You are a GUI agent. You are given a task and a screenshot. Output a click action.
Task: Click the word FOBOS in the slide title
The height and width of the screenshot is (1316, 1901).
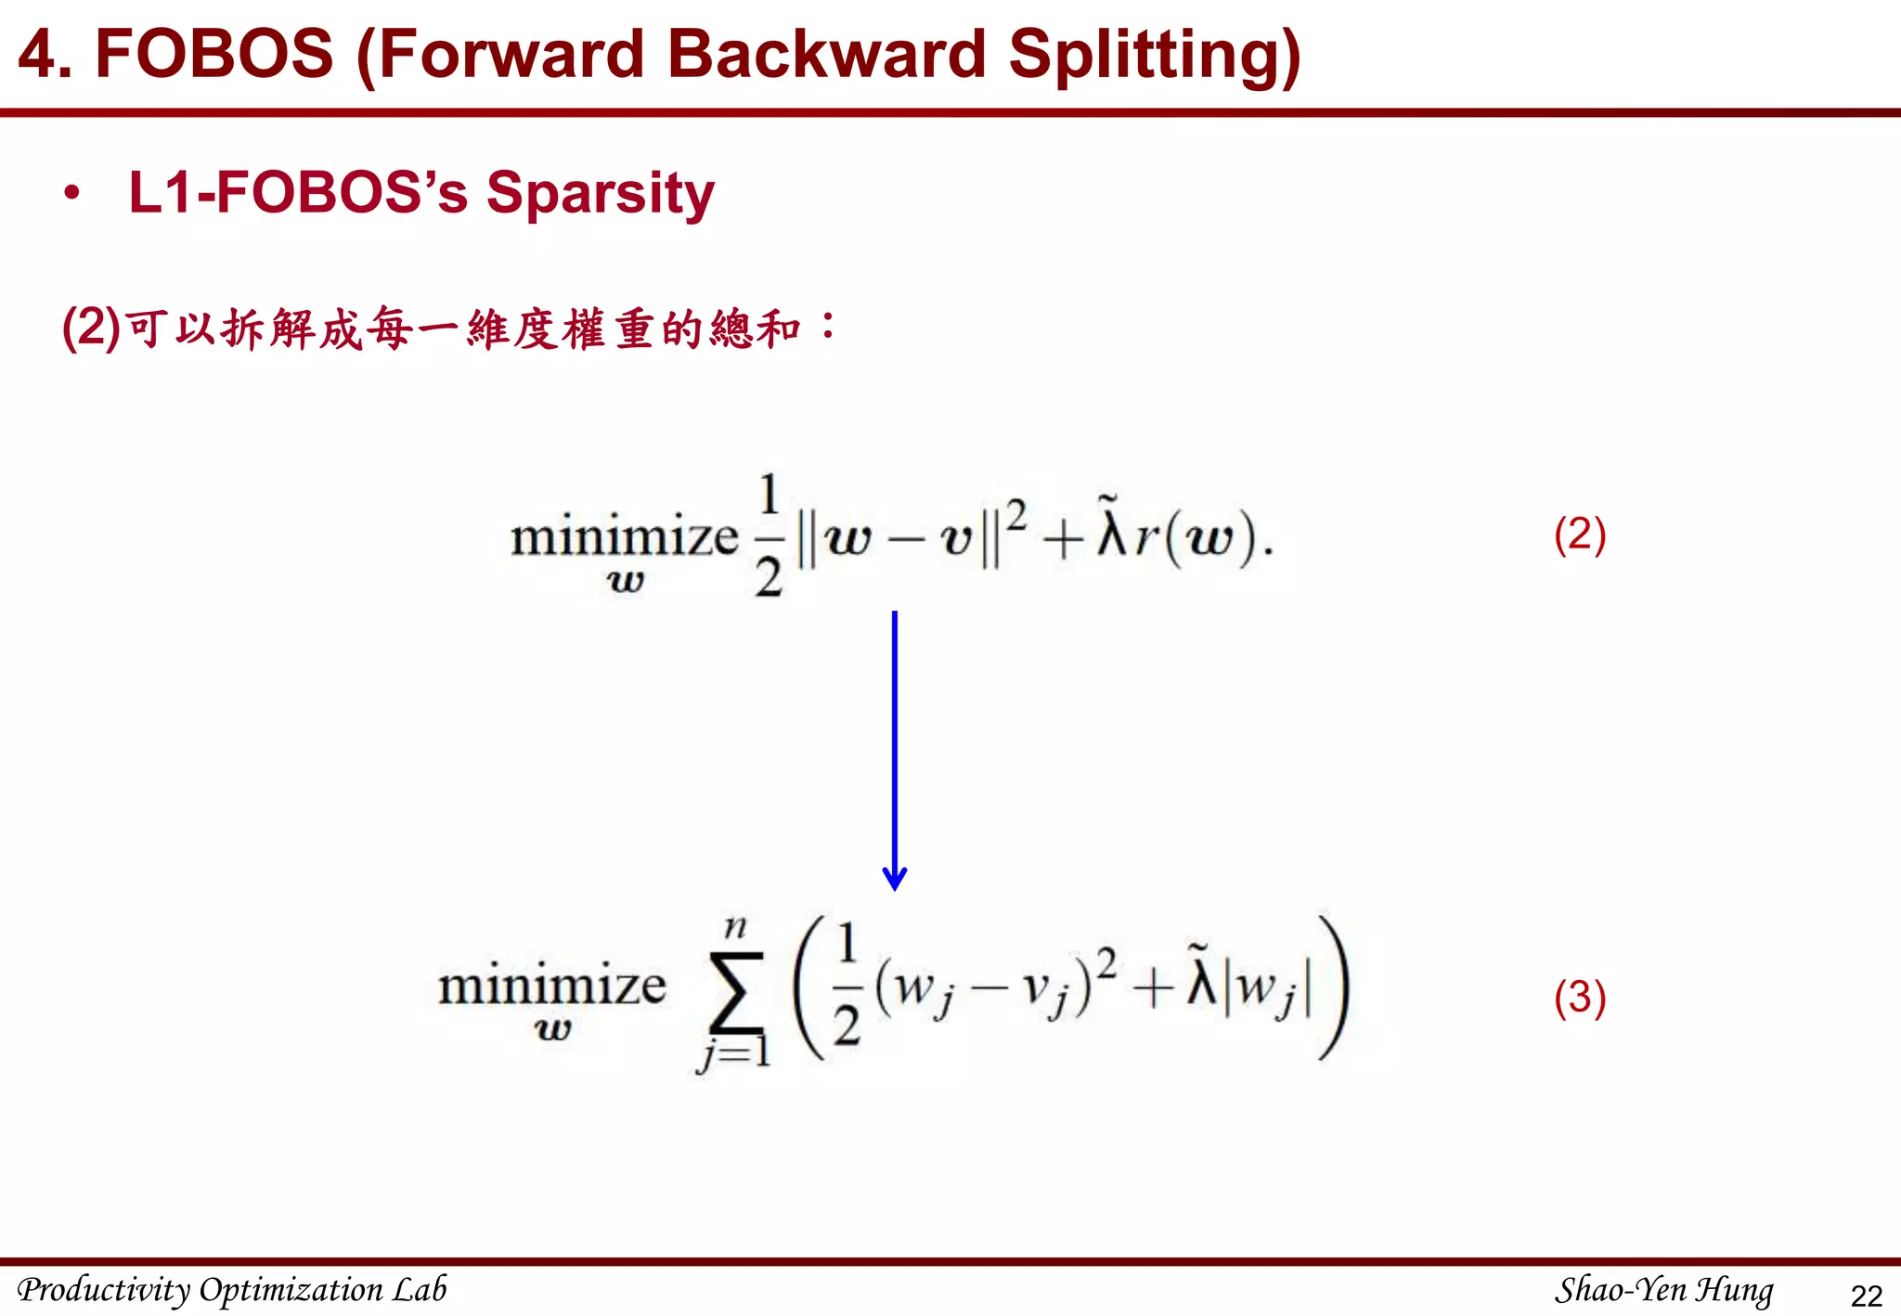(x=213, y=54)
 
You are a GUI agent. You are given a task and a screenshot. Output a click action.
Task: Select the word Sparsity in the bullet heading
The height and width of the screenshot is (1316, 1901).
(x=600, y=194)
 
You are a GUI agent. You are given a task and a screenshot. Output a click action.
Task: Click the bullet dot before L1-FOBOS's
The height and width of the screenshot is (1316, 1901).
(x=71, y=193)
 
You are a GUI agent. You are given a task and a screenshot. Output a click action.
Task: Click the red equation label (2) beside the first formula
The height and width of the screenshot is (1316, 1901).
(x=1579, y=535)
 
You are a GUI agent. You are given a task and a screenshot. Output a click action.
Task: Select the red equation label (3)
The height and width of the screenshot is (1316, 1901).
(x=1579, y=998)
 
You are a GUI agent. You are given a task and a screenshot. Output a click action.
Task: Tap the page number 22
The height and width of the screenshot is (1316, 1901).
(x=1866, y=1295)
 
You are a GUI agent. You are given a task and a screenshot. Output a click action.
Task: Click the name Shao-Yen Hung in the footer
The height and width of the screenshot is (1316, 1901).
(x=1663, y=1289)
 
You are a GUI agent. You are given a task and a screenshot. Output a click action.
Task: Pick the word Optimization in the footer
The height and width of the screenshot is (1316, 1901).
(x=291, y=1289)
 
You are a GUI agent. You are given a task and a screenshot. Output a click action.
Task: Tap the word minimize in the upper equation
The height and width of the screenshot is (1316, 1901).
(x=624, y=536)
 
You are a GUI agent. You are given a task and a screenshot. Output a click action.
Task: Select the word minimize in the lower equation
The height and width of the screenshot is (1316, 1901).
(x=551, y=986)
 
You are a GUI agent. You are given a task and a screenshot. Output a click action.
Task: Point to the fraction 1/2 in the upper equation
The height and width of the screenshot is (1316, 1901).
(x=769, y=536)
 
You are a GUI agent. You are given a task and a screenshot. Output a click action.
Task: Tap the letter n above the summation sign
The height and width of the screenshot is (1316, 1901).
(x=734, y=926)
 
